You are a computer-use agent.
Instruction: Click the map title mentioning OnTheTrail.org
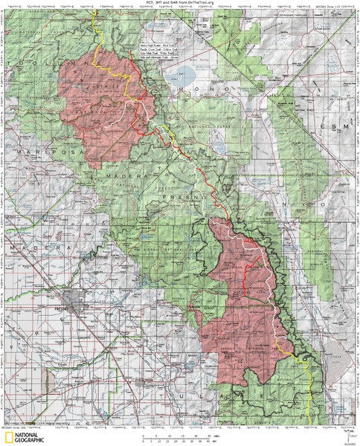click(181, 4)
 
